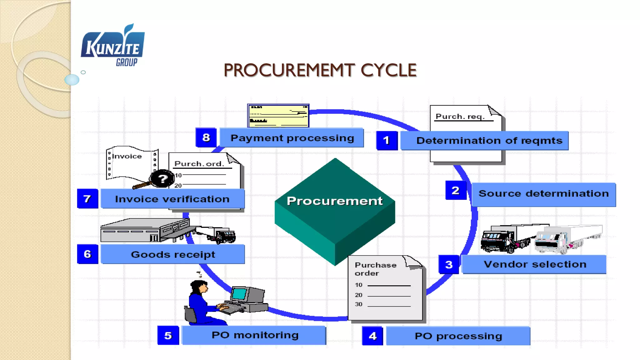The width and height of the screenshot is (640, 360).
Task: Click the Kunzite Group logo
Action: point(112,46)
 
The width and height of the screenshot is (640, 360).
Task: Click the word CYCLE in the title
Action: point(388,70)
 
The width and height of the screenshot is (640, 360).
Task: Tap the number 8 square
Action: point(206,137)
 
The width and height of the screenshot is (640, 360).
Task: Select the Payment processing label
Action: point(292,138)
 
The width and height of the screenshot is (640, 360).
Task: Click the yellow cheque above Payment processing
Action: point(278,116)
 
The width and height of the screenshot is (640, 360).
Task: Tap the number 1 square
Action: point(387,141)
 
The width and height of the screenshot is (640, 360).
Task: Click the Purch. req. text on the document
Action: point(460,117)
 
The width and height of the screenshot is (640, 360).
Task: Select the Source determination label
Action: point(543,194)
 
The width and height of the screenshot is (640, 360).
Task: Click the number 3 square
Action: point(449,265)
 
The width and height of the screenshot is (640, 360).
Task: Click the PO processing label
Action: point(458,336)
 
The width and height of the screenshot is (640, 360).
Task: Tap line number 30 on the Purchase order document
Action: point(358,304)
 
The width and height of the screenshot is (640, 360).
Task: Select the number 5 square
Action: point(168,336)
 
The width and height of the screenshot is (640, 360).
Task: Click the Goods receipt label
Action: point(173,255)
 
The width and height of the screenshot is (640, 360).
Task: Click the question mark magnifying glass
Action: point(162,179)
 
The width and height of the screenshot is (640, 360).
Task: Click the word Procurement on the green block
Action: point(334,201)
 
